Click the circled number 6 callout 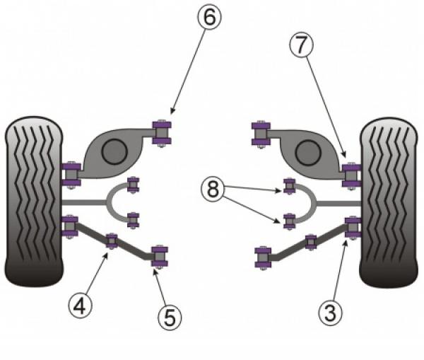[210, 17]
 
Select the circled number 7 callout [302, 45]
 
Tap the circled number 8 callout [213, 189]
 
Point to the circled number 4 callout [81, 306]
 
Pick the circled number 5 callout [170, 318]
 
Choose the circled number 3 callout [331, 313]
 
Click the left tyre [34, 202]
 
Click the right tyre [389, 202]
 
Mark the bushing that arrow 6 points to [162, 133]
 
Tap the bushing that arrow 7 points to [351, 175]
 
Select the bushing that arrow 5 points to [160, 257]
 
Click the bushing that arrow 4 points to [112, 241]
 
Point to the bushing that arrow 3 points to [353, 227]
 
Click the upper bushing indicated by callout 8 [289, 186]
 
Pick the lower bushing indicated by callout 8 [289, 221]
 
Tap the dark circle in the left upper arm [114, 152]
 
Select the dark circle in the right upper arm [308, 153]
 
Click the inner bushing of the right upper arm [261, 134]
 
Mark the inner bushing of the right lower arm [263, 258]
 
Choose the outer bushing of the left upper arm [71, 175]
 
